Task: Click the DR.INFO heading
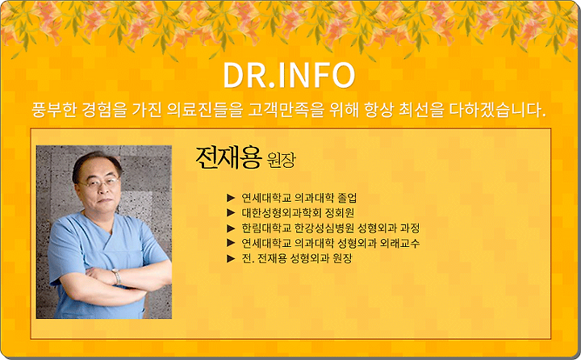click(x=289, y=75)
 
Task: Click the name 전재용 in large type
click(x=228, y=158)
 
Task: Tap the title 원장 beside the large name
click(x=282, y=161)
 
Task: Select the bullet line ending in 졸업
click(x=299, y=198)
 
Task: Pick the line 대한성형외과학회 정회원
click(x=298, y=213)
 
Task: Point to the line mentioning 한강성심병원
click(x=331, y=228)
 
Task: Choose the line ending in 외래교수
click(x=331, y=243)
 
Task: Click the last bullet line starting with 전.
click(x=297, y=258)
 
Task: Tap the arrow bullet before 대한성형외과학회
click(x=231, y=213)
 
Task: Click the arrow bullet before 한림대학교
click(x=231, y=228)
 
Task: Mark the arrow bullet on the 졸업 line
click(x=231, y=198)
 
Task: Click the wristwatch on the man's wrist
click(x=117, y=276)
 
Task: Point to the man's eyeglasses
click(x=98, y=182)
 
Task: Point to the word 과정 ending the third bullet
click(x=410, y=228)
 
